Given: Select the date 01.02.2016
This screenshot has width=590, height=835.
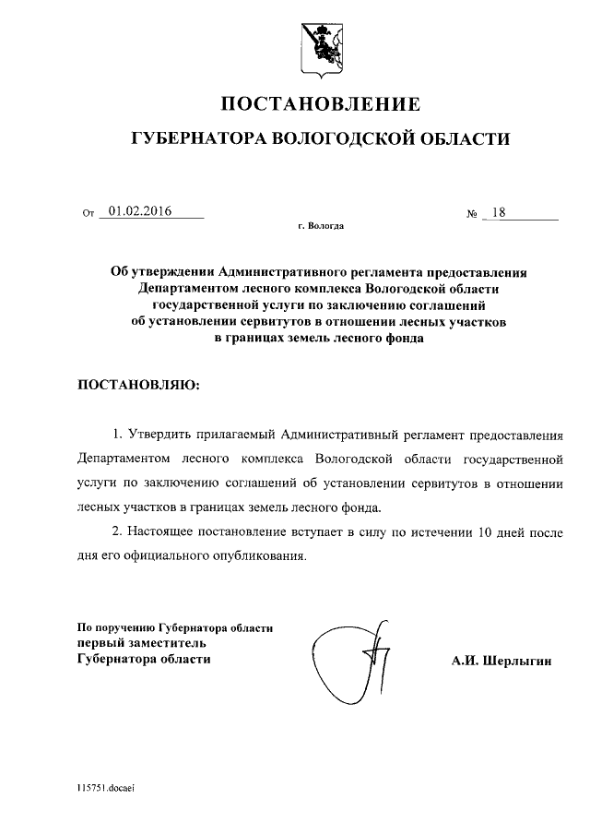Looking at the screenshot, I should tap(141, 212).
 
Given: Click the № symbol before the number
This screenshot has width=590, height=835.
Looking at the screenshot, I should tap(472, 214).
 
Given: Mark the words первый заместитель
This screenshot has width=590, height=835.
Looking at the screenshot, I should tap(135, 643).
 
